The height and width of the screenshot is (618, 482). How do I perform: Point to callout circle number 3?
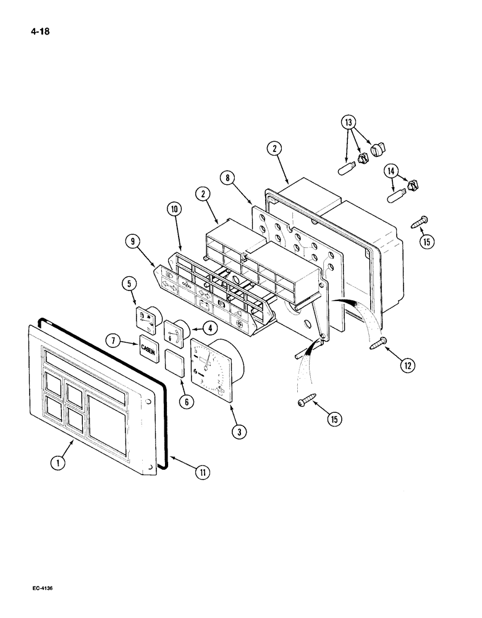(238, 432)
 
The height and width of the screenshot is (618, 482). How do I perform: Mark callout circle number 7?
(112, 340)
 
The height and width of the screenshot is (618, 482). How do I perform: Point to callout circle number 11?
(201, 473)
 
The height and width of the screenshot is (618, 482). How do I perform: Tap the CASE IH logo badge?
(149, 348)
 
